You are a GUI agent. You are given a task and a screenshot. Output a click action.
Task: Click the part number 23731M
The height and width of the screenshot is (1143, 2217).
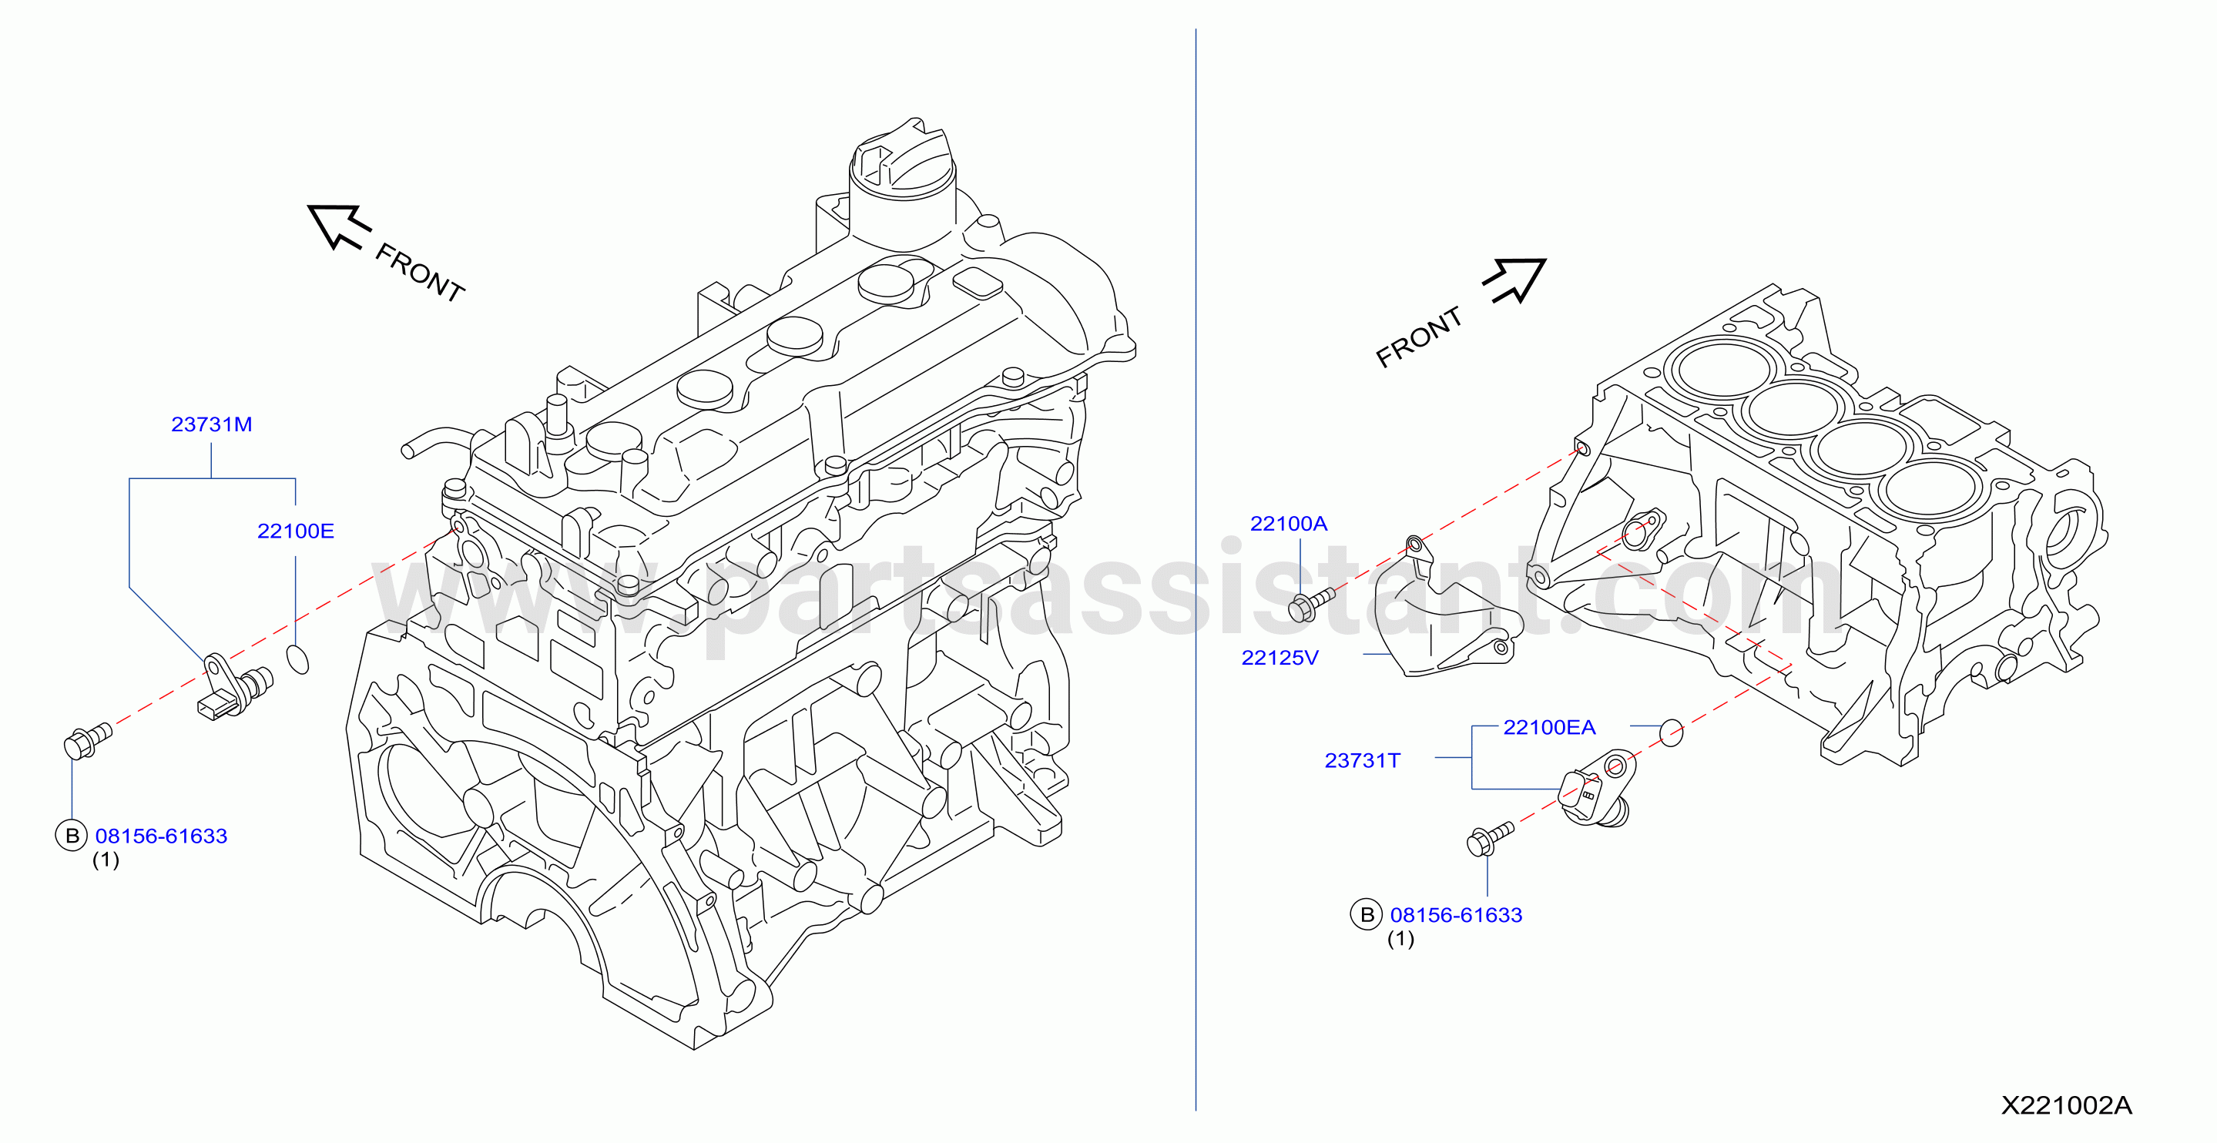[x=212, y=424]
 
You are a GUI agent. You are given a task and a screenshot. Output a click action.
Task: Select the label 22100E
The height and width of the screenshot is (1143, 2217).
[x=295, y=531]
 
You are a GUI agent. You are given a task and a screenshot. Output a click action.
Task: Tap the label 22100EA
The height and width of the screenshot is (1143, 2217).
[x=1549, y=727]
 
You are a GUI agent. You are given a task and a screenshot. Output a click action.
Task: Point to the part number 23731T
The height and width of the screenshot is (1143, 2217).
[x=1363, y=760]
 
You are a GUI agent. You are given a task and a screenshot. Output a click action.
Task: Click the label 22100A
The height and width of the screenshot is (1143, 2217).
[x=1289, y=523]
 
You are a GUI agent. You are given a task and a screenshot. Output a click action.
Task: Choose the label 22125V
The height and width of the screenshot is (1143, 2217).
[x=1280, y=658]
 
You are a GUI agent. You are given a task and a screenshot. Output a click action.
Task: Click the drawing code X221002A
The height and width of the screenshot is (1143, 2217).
[x=2066, y=1105]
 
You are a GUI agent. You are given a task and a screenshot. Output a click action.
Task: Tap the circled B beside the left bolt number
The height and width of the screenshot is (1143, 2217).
[x=72, y=836]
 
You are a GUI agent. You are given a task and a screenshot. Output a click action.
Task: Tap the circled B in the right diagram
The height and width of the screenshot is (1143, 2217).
[x=1367, y=914]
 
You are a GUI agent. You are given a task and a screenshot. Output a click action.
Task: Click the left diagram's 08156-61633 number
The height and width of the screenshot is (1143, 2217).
[x=161, y=836]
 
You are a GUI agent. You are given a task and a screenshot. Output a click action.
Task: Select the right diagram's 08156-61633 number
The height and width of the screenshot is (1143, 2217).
[x=1456, y=915]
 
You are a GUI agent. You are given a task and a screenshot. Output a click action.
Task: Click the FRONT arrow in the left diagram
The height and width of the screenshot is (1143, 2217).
[x=338, y=226]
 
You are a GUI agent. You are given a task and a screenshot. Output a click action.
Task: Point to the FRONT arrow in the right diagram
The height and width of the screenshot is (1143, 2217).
[x=1514, y=280]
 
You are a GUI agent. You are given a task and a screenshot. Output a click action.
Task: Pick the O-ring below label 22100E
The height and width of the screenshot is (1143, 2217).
[x=297, y=659]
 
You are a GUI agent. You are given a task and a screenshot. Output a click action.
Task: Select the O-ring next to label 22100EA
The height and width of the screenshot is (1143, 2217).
[x=1671, y=732]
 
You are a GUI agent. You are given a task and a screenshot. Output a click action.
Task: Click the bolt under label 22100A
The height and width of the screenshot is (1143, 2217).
[x=1311, y=603]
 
